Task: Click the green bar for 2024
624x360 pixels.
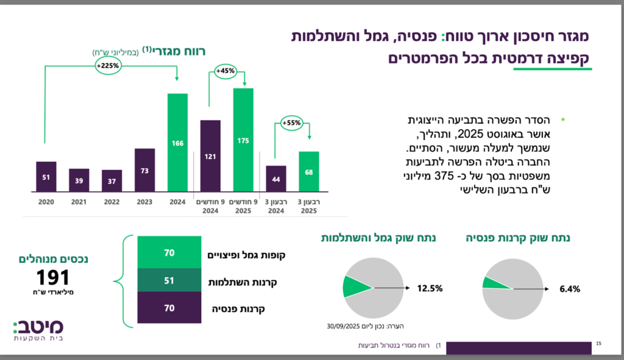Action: (x=177, y=143)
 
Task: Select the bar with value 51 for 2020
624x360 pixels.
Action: (x=46, y=177)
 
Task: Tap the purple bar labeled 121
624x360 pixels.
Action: (x=210, y=157)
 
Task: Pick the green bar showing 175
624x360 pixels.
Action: (x=243, y=140)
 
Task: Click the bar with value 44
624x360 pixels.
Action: (x=276, y=180)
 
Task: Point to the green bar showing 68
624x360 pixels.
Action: (x=309, y=172)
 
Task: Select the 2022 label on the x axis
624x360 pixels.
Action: (x=112, y=202)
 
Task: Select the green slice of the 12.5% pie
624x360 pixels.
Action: (x=355, y=286)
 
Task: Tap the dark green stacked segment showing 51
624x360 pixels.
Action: (x=169, y=281)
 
